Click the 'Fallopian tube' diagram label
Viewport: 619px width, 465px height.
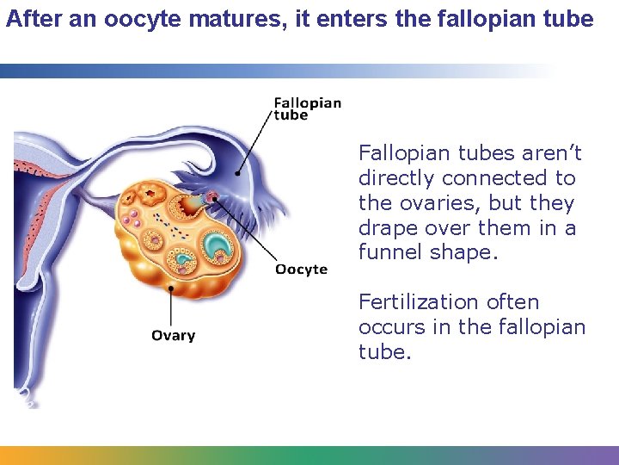click(x=307, y=108)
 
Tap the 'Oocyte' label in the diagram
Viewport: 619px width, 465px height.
click(x=301, y=270)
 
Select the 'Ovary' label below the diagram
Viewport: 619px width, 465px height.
click(x=173, y=336)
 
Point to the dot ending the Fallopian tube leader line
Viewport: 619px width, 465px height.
click(x=238, y=174)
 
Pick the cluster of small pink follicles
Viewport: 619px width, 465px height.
click(x=131, y=219)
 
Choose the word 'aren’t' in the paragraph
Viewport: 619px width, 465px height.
click(x=550, y=153)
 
